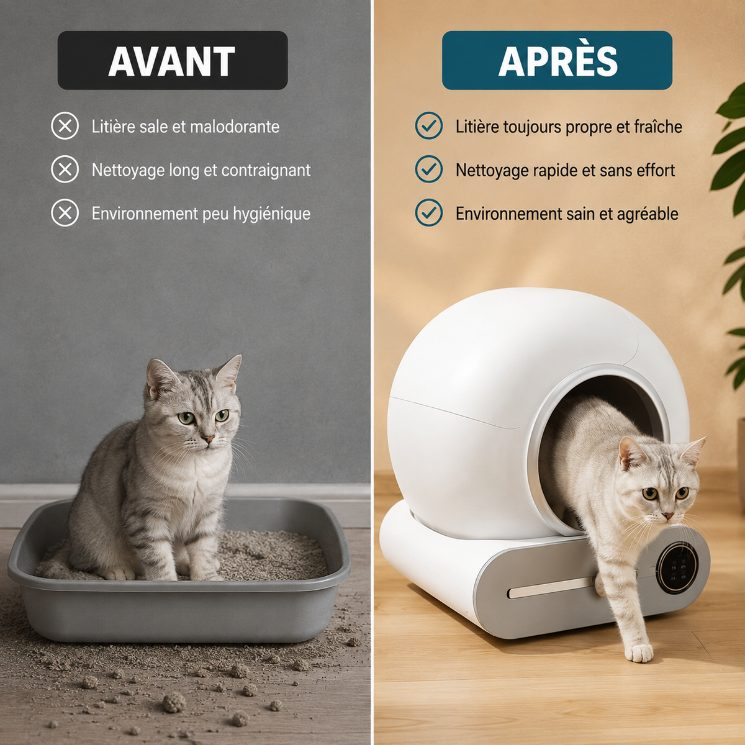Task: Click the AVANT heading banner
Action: tap(173, 60)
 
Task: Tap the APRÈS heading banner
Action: tap(557, 60)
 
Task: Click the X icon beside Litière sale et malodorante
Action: tap(65, 125)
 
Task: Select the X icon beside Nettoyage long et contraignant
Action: tap(65, 169)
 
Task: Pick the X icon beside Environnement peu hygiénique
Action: tap(65, 213)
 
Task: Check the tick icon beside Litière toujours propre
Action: tap(429, 125)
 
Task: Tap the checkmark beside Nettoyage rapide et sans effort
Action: tap(429, 169)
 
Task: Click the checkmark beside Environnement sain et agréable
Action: tap(429, 213)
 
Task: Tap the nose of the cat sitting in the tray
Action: tap(207, 439)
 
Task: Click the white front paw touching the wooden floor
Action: tap(639, 653)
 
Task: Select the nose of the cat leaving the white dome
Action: tap(667, 515)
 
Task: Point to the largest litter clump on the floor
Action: tap(174, 702)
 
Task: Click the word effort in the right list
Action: tap(656, 170)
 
